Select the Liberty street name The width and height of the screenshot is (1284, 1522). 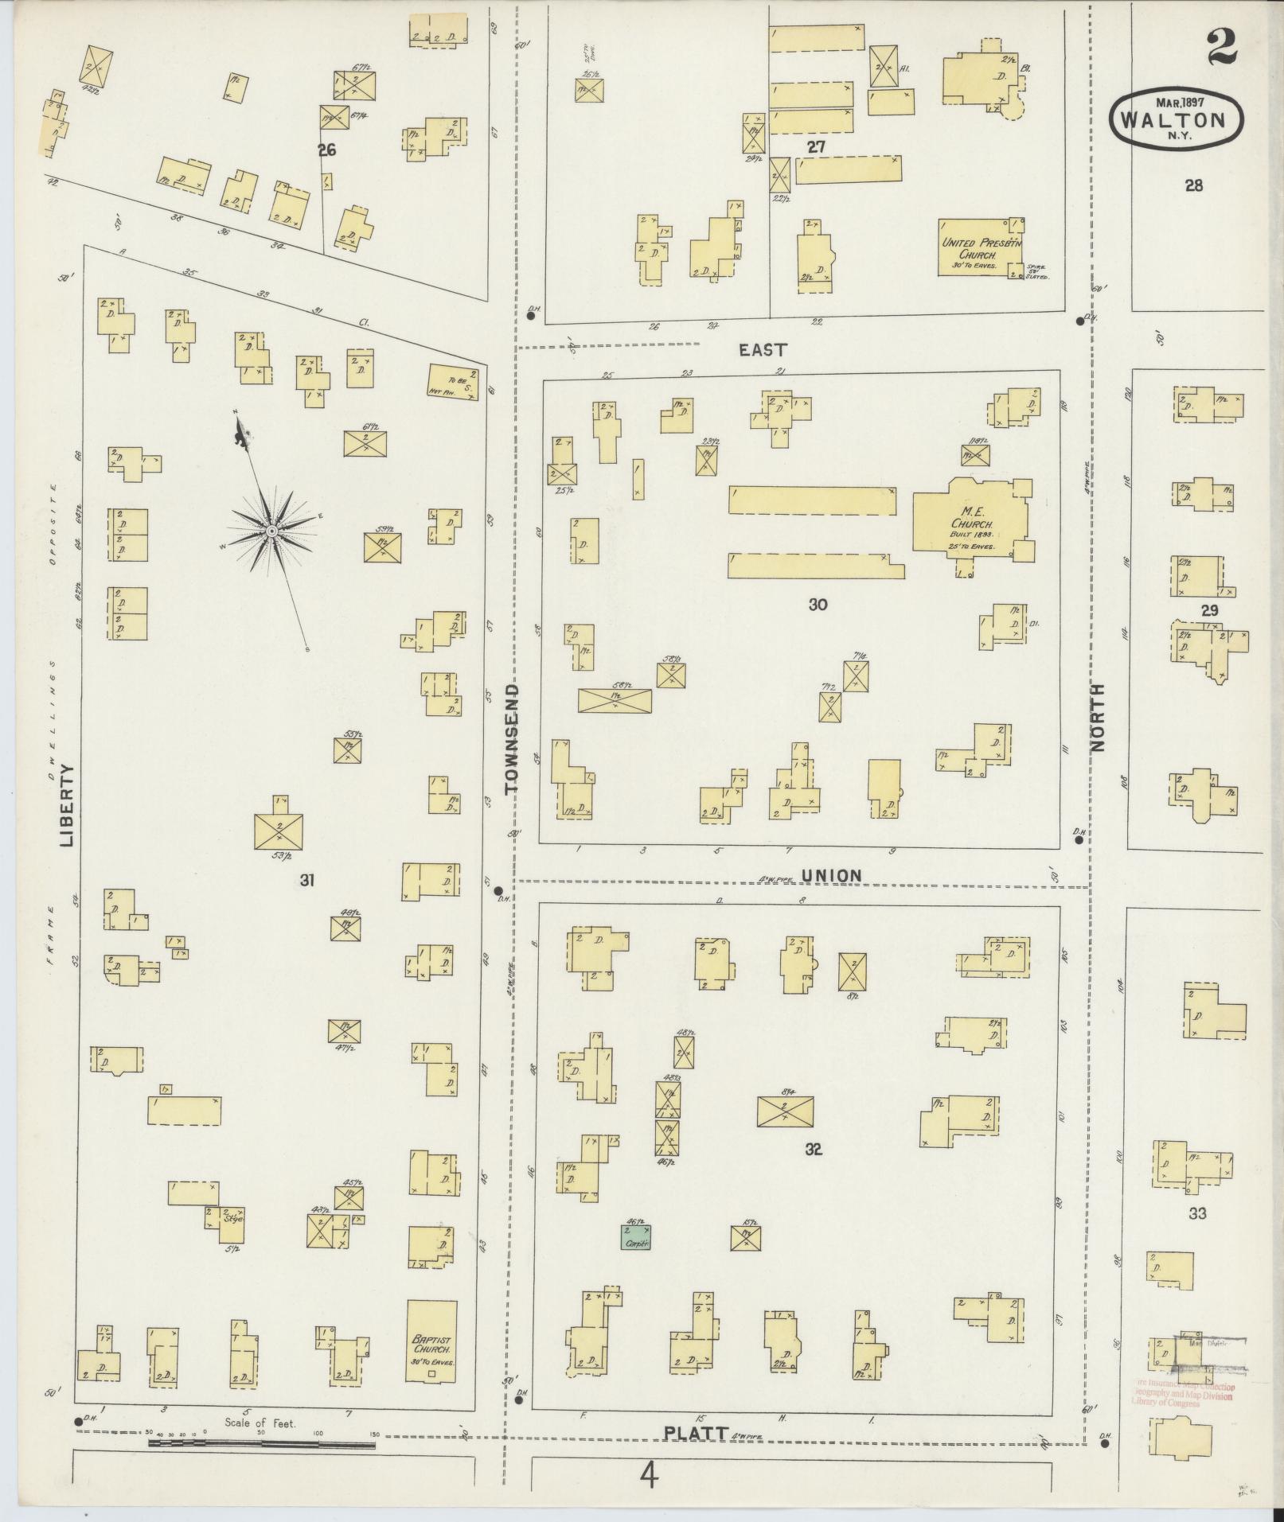66,804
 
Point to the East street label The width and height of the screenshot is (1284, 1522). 763,349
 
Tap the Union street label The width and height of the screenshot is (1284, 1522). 831,876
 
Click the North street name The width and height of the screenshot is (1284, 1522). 1099,718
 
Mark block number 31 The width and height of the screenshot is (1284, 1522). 307,879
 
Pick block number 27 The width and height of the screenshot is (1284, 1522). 815,146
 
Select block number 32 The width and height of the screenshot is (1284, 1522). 813,1149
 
